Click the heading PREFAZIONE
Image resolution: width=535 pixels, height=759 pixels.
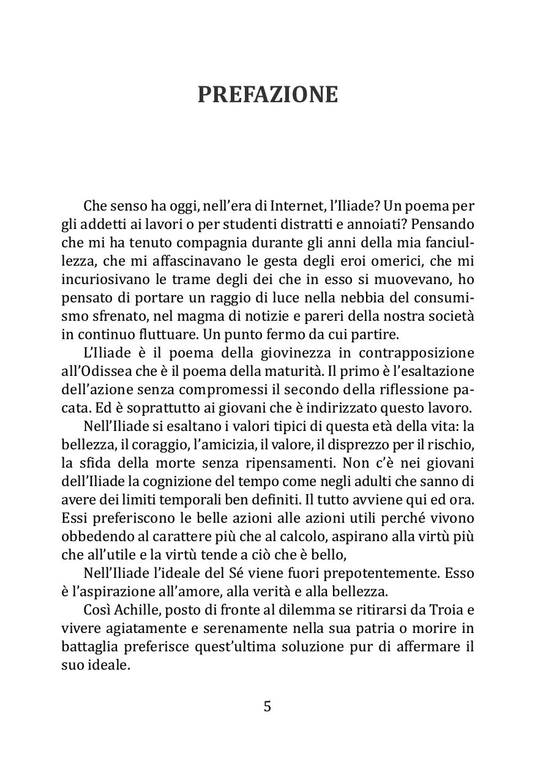coord(267,95)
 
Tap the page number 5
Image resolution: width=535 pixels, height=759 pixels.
coord(267,706)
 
